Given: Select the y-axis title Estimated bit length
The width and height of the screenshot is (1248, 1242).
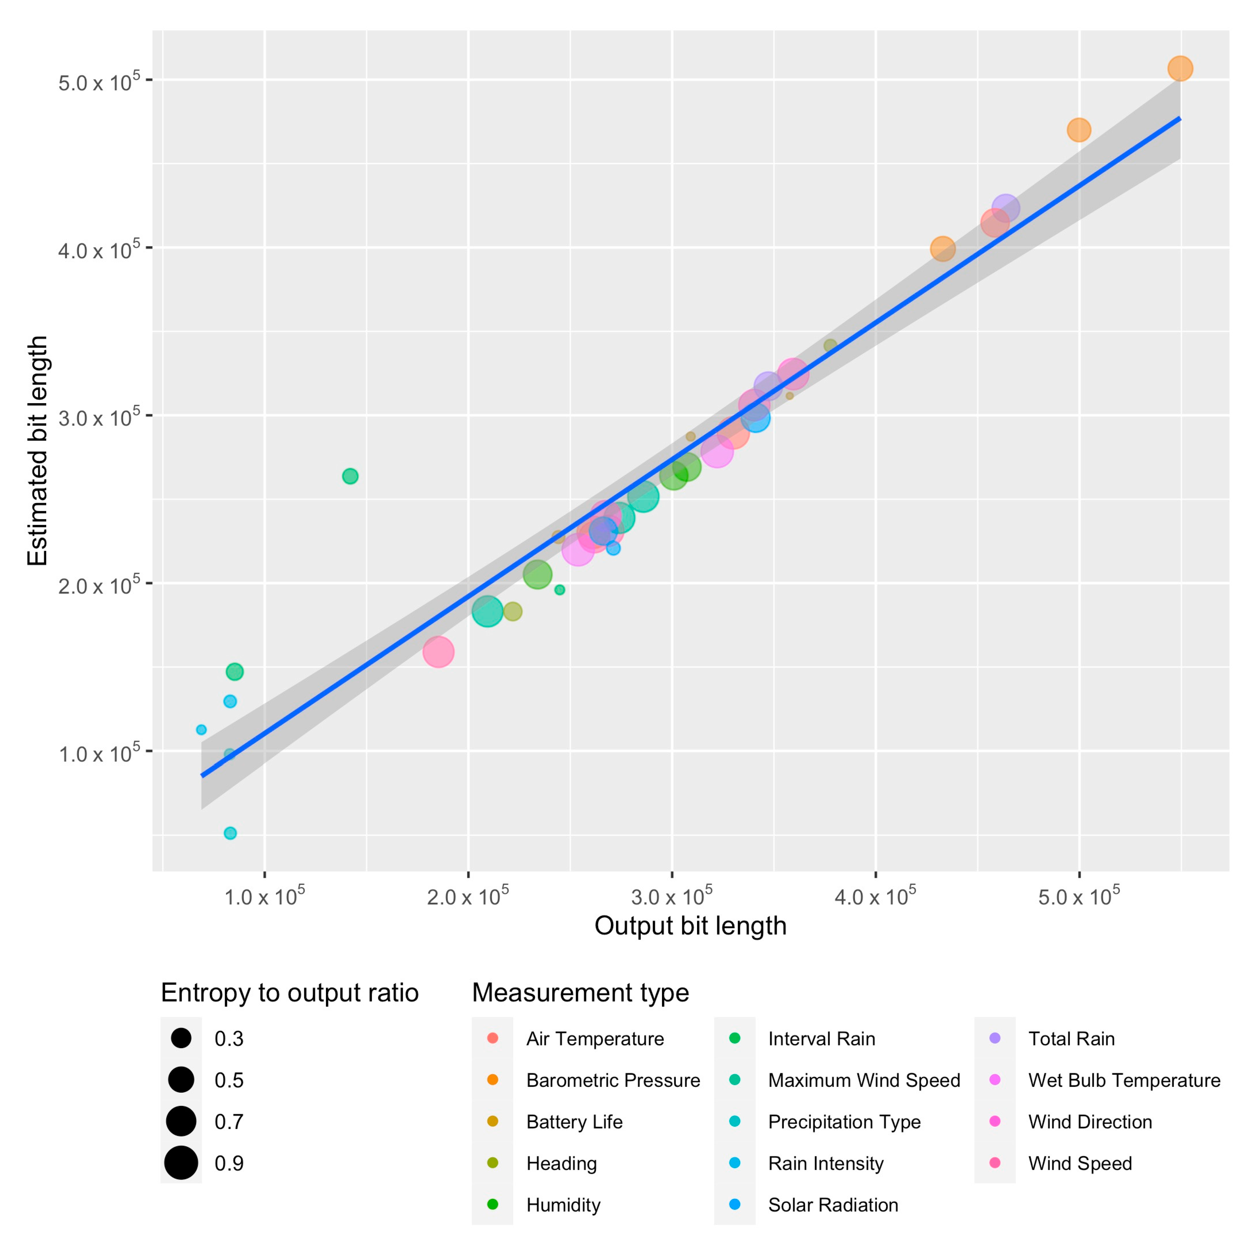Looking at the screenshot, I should point(37,451).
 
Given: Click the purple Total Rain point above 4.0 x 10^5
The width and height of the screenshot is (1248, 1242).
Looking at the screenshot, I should point(1005,208).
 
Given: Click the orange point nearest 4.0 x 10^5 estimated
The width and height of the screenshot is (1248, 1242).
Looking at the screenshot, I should point(942,248).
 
